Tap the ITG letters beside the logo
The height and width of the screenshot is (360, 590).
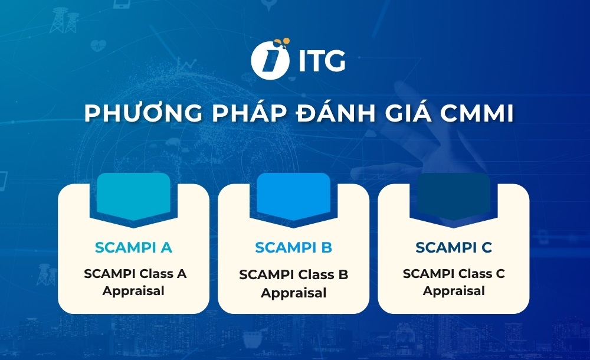click(322, 61)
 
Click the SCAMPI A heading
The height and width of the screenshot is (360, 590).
click(133, 247)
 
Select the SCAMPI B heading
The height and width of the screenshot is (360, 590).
click(294, 247)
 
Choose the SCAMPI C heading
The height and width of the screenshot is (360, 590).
click(454, 247)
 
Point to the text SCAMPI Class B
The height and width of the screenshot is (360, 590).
click(294, 275)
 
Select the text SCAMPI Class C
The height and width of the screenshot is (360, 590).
click(454, 274)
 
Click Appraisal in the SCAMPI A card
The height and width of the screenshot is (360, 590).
click(133, 290)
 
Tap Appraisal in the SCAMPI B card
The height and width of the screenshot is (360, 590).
click(294, 293)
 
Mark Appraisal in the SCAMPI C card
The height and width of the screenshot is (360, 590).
click(454, 291)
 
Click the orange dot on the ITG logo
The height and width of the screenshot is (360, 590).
click(285, 42)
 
